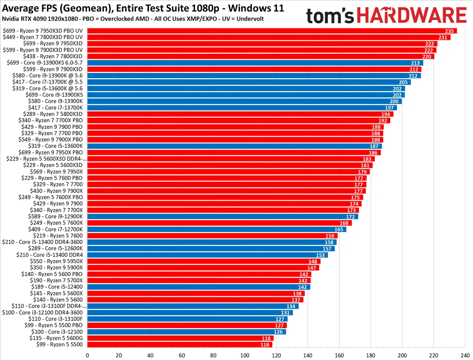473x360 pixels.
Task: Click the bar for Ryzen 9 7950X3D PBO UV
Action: coord(268,31)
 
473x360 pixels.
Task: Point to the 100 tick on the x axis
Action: coord(245,354)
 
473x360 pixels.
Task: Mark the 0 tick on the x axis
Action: coord(87,354)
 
